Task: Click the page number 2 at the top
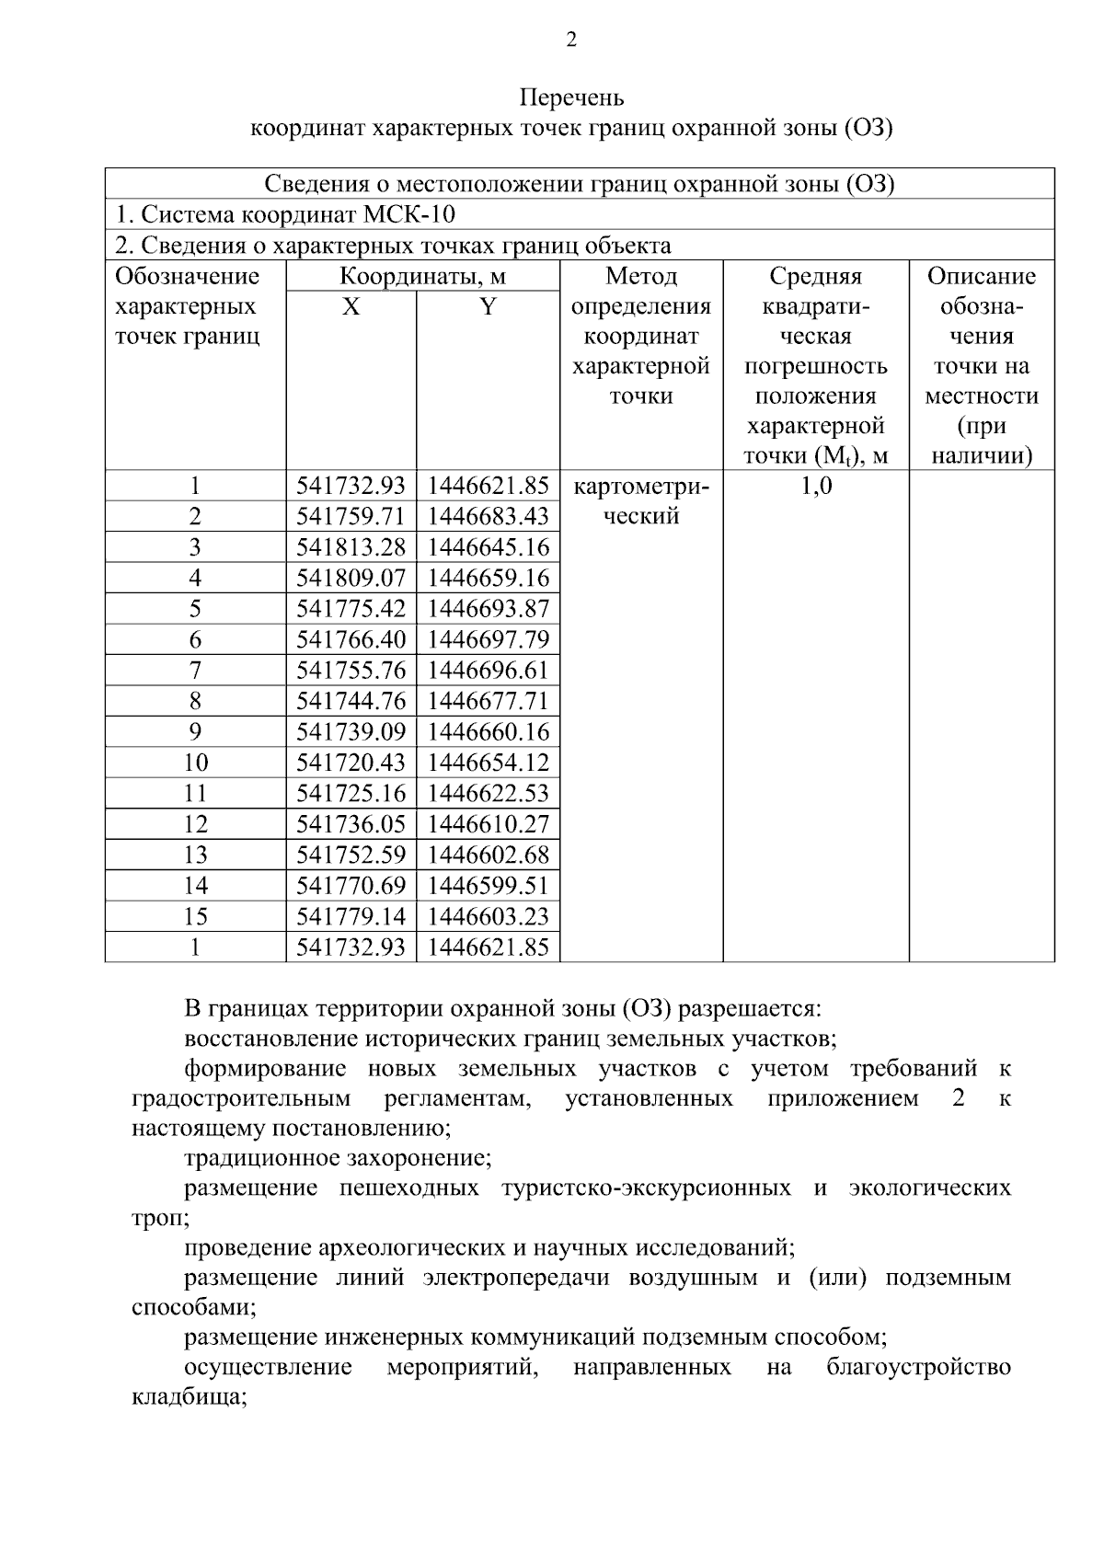point(571,40)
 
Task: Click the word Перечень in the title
point(571,98)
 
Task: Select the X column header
point(351,307)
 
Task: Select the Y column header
point(488,307)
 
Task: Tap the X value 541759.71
point(351,517)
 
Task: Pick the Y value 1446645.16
point(488,548)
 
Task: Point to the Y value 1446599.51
point(488,887)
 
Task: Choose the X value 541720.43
point(351,763)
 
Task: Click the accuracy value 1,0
point(816,487)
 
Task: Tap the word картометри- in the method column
point(641,487)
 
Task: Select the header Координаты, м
point(422,277)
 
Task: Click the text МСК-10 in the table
point(414,215)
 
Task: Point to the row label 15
point(195,917)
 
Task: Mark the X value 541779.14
point(351,917)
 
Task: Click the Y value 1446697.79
point(488,640)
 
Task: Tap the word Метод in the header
point(641,277)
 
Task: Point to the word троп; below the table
point(160,1219)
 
